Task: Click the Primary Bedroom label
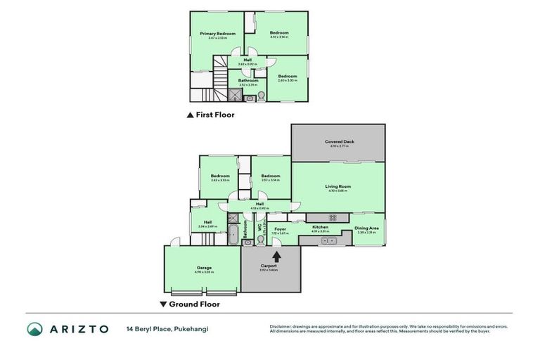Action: click(x=217, y=34)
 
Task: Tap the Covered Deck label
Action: click(x=339, y=142)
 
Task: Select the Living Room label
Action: click(x=338, y=186)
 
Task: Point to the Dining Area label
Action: click(x=366, y=228)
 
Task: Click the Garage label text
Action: click(x=204, y=268)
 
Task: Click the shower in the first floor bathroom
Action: click(x=233, y=94)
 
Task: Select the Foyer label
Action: click(x=280, y=228)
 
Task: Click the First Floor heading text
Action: click(x=215, y=115)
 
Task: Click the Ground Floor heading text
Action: click(x=194, y=304)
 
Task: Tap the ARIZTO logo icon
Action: click(x=35, y=329)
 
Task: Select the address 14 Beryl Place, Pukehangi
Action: click(x=167, y=329)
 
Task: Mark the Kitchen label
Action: click(x=320, y=227)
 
